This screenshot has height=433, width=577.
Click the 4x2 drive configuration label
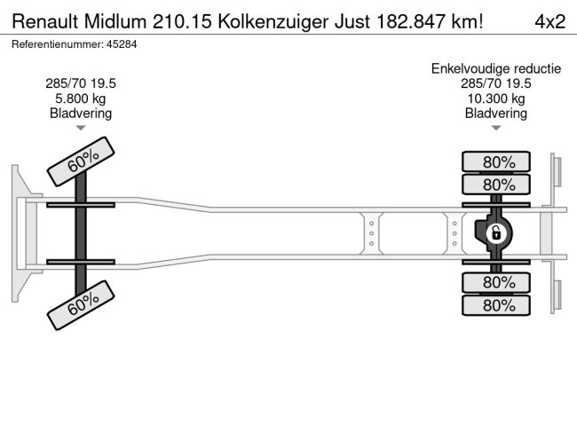[x=549, y=21]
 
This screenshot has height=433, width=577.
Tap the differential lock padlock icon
[x=495, y=234]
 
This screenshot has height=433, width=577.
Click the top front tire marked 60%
[x=81, y=161]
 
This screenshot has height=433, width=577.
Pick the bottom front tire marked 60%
[x=81, y=305]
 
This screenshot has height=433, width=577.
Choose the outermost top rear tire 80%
[x=496, y=161]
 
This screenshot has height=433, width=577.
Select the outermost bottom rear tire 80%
[x=496, y=305]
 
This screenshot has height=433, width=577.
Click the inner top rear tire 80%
[x=496, y=185]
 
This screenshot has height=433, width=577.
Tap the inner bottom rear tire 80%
[x=496, y=282]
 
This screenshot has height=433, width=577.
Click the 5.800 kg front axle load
[x=80, y=98]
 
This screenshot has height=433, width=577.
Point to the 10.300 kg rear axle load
[x=496, y=98]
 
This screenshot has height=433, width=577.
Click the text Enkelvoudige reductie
[x=496, y=68]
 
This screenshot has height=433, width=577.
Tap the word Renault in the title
[x=43, y=21]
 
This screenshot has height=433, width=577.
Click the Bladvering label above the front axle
[x=80, y=113]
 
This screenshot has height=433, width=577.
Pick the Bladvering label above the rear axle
[x=496, y=113]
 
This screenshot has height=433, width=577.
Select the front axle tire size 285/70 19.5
[x=80, y=83]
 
